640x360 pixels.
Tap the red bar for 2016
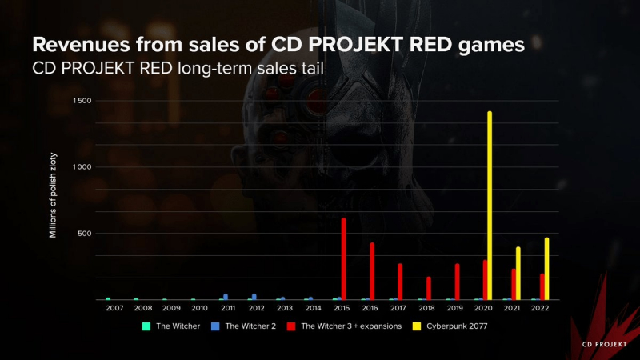pos(372,271)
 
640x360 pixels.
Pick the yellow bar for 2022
pos(547,268)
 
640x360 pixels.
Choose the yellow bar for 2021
pos(518,273)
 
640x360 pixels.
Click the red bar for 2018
pos(429,288)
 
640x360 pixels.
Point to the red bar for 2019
pos(458,282)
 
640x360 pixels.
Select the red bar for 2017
pos(400,282)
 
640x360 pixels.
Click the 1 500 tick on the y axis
pos(82,101)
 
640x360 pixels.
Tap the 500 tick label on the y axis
pos(86,234)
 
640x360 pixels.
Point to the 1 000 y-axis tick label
pos(82,167)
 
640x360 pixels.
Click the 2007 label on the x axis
pos(114,308)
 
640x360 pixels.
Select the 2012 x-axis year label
pos(257,308)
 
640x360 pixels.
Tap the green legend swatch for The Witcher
pos(146,326)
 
